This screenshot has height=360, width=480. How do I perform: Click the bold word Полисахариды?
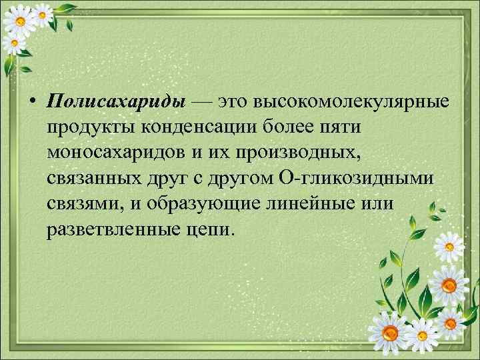click(116, 101)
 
